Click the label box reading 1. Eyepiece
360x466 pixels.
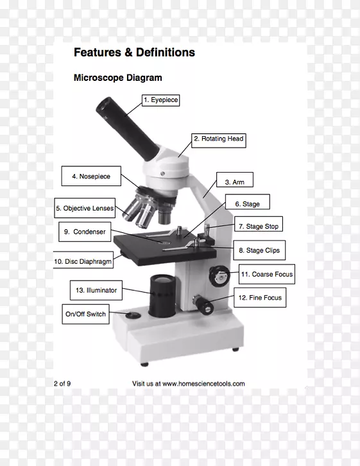(160, 100)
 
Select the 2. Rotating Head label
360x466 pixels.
(219, 141)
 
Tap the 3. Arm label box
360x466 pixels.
(235, 180)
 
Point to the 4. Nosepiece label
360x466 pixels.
(91, 176)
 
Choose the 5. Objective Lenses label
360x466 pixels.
(85, 208)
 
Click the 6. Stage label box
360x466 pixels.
(248, 202)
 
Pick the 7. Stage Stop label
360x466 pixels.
(259, 224)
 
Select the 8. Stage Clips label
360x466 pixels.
(259, 250)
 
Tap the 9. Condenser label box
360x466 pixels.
(85, 232)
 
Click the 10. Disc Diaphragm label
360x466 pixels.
(83, 260)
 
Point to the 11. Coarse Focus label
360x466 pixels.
(267, 274)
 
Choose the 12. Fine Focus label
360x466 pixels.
(260, 297)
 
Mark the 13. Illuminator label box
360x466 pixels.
(96, 290)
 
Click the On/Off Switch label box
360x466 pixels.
(85, 314)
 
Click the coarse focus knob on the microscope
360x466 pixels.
(219, 276)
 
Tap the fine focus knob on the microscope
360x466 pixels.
(203, 305)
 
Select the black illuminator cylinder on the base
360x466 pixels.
(162, 296)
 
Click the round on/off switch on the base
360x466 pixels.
(133, 315)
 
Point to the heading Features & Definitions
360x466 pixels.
(134, 52)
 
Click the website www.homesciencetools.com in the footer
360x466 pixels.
(203, 384)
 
